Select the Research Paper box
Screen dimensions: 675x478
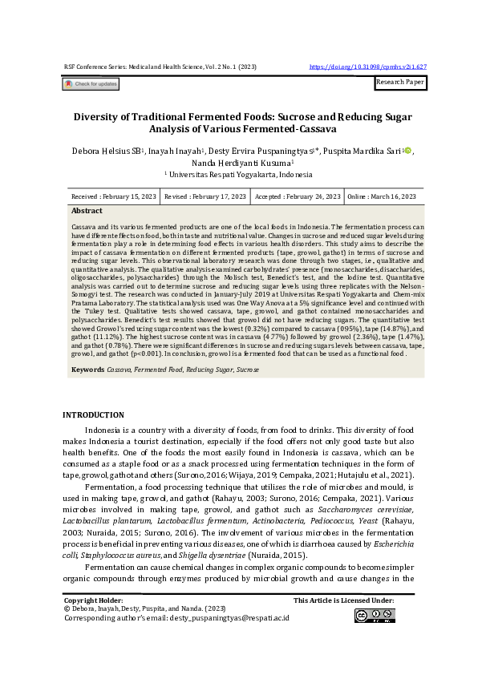(x=400, y=83)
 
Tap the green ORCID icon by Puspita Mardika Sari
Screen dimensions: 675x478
(x=407, y=150)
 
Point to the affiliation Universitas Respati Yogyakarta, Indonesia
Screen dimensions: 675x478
(x=238, y=173)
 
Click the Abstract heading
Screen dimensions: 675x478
(x=87, y=211)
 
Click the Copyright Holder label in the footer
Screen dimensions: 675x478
(x=93, y=600)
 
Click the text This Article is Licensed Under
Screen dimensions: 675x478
(x=343, y=600)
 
